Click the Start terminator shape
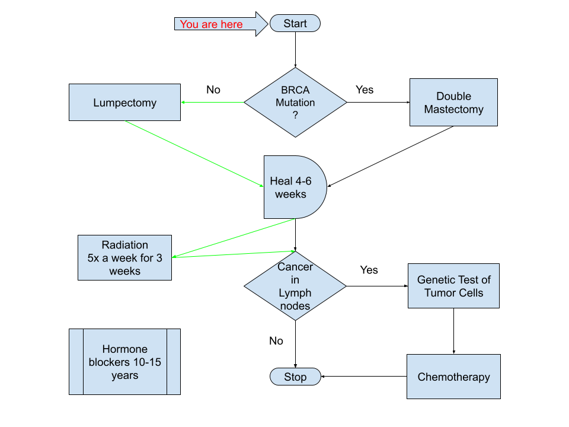(295, 24)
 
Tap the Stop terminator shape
(295, 377)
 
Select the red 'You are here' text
(211, 24)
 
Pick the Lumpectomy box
(124, 103)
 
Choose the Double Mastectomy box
(453, 103)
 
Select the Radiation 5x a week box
(124, 258)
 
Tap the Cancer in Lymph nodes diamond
(295, 286)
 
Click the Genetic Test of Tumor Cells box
(453, 286)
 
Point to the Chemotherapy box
(453, 377)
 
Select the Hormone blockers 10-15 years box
(124, 362)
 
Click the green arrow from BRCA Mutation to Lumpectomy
(213, 103)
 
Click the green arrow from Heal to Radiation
(234, 238)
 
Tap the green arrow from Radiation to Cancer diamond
(234, 254)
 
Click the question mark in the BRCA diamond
(295, 116)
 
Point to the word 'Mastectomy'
(453, 110)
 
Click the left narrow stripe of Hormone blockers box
(76, 362)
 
